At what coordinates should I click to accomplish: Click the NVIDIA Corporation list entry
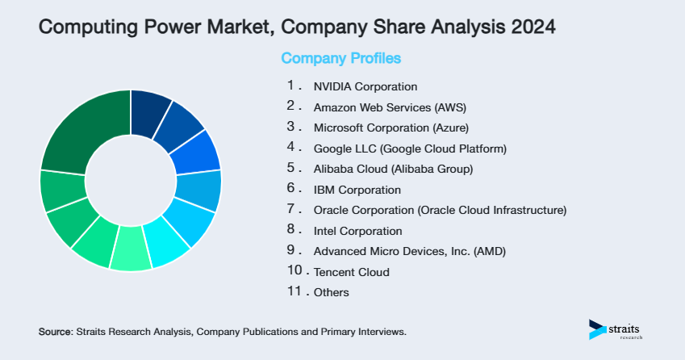click(365, 86)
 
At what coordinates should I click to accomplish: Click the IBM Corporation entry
click(357, 190)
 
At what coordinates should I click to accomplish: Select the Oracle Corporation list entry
click(440, 210)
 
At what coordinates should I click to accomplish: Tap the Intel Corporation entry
click(357, 231)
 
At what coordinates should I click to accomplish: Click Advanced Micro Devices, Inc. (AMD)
click(409, 252)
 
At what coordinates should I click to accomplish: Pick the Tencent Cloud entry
click(351, 272)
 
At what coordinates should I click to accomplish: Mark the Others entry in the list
click(332, 293)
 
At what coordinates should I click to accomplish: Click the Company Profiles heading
click(340, 58)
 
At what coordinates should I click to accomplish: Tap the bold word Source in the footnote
click(55, 332)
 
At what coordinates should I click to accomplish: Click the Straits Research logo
click(616, 329)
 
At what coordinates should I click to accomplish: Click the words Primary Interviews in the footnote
click(367, 332)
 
